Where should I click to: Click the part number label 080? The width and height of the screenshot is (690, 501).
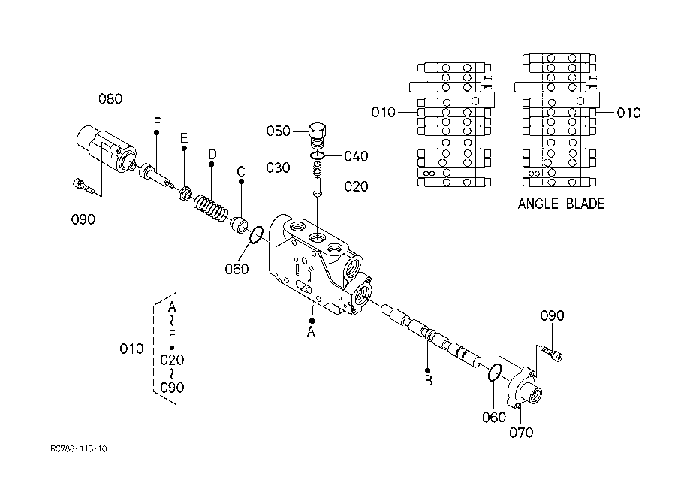(110, 98)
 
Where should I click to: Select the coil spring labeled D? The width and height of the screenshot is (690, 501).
(211, 208)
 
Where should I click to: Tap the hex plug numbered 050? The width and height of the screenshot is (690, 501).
(318, 135)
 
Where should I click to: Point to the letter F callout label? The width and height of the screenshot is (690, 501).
(157, 122)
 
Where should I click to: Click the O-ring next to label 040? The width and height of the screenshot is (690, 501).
(318, 155)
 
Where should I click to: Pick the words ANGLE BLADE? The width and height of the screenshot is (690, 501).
(561, 204)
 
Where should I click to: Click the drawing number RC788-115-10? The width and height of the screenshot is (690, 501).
(78, 448)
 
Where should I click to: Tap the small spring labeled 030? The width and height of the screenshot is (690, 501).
(318, 168)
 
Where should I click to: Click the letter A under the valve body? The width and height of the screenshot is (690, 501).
(311, 331)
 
